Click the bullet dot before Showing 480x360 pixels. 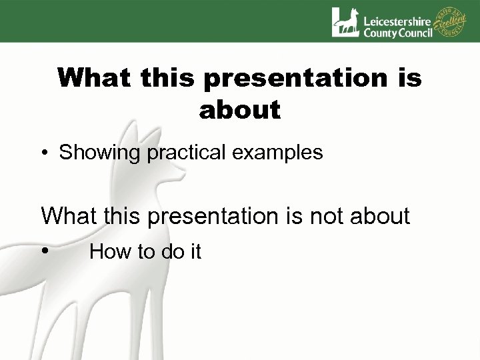45,153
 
